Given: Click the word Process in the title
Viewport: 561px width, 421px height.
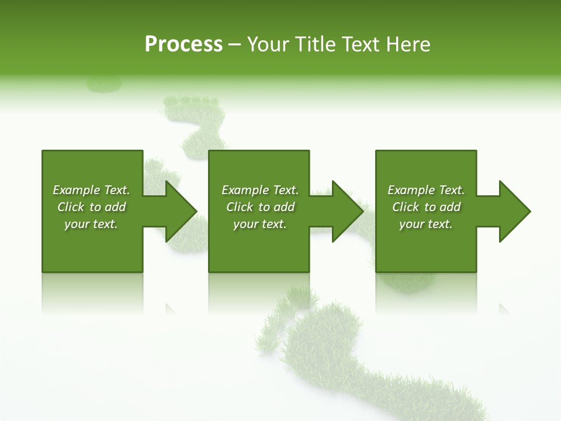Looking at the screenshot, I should pos(183,44).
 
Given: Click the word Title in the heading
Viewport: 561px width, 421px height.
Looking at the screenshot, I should pos(313,44).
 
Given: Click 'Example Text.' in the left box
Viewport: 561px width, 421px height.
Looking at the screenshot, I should pos(91,190).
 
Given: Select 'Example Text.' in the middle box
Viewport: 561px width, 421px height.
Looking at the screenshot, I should pos(260,190).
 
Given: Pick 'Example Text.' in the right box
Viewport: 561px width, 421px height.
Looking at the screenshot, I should pos(426,190).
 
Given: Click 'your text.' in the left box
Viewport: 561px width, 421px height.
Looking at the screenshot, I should pos(91,224).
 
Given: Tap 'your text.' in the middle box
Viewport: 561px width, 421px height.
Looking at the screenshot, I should pos(260,224).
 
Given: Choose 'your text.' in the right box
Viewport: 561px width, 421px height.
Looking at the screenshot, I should pos(426,224).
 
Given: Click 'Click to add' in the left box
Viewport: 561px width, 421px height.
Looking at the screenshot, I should pos(91,207).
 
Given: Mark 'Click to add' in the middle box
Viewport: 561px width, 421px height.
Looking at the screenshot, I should pos(260,207).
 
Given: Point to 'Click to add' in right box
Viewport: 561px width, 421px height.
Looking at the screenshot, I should pos(426,207).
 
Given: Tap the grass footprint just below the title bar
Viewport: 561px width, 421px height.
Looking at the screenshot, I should pos(196,126).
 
